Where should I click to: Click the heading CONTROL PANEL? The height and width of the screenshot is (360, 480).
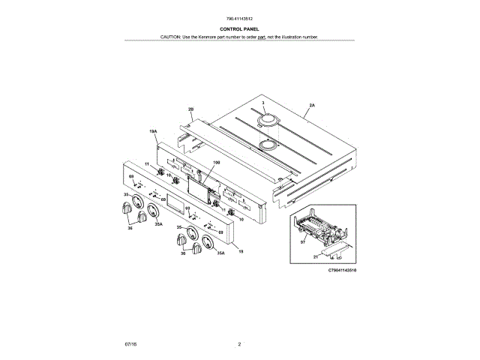[x=239, y=29]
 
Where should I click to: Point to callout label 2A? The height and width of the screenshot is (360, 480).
[x=311, y=106]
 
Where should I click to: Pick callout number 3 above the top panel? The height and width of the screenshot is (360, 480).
[x=263, y=102]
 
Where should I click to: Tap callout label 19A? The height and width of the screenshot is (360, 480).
[x=153, y=131]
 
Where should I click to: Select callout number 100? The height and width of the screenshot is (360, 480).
[x=216, y=162]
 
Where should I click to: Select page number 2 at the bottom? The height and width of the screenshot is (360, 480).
[x=239, y=343]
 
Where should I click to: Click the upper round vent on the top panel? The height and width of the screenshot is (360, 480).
[x=268, y=120]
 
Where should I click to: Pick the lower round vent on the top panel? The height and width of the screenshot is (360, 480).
[x=268, y=144]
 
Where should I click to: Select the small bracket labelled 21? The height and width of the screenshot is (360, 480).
[x=334, y=247]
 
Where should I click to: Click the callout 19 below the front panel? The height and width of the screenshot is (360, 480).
[x=241, y=253]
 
